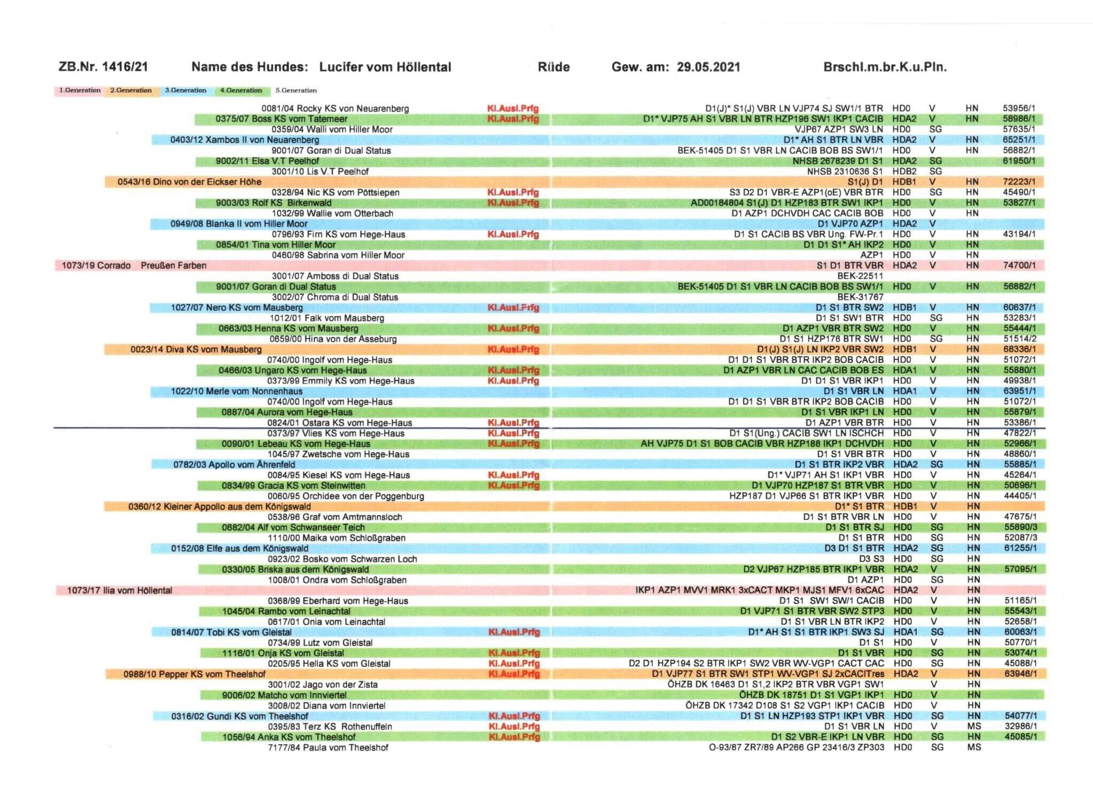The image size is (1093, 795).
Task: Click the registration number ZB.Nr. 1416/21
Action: pyautogui.click(x=103, y=67)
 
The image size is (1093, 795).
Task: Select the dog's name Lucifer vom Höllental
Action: pyautogui.click(x=385, y=67)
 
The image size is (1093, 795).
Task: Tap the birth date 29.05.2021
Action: pyautogui.click(x=708, y=67)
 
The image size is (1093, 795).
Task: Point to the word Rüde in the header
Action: pyautogui.click(x=554, y=67)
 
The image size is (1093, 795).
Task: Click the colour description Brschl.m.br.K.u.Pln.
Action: pyautogui.click(x=885, y=67)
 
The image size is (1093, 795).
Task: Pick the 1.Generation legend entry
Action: pyautogui.click(x=80, y=90)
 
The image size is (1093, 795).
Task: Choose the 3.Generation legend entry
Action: pyautogui.click(x=185, y=90)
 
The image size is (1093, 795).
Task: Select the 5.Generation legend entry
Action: pyautogui.click(x=296, y=90)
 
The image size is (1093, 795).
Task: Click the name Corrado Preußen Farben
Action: pyautogui.click(x=134, y=266)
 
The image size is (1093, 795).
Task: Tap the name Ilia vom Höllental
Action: pyautogui.click(x=120, y=590)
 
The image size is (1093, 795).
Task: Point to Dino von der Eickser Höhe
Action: pyautogui.click(x=190, y=182)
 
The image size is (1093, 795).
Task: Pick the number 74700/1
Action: pyautogui.click(x=1019, y=266)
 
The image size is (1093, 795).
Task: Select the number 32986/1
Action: pyautogui.click(x=1020, y=727)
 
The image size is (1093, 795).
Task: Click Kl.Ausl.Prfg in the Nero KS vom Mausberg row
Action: pyautogui.click(x=513, y=308)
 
